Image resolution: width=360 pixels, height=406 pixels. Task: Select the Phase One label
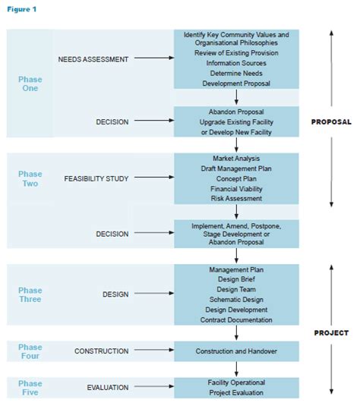(x=30, y=83)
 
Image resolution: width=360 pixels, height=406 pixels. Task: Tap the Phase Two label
(x=30, y=178)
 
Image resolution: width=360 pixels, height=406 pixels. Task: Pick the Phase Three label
(x=30, y=294)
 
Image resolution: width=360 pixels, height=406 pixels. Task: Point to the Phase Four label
(x=30, y=351)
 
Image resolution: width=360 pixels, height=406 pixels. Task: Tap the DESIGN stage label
(x=116, y=294)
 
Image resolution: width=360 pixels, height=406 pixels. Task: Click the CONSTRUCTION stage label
(x=100, y=351)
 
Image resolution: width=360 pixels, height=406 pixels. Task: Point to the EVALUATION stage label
(x=107, y=387)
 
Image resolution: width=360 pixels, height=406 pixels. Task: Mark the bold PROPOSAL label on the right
(x=330, y=121)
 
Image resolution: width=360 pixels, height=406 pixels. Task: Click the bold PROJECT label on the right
(x=331, y=332)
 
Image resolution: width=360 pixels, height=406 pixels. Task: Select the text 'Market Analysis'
(x=236, y=158)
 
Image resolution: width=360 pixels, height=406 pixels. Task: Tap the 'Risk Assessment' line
(x=236, y=199)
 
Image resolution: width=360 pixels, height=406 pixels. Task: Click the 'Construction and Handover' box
(x=236, y=351)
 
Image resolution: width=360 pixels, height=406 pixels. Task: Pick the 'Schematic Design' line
(x=236, y=300)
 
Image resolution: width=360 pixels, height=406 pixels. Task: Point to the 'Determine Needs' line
(x=236, y=74)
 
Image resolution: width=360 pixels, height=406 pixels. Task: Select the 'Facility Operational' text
(x=236, y=382)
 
